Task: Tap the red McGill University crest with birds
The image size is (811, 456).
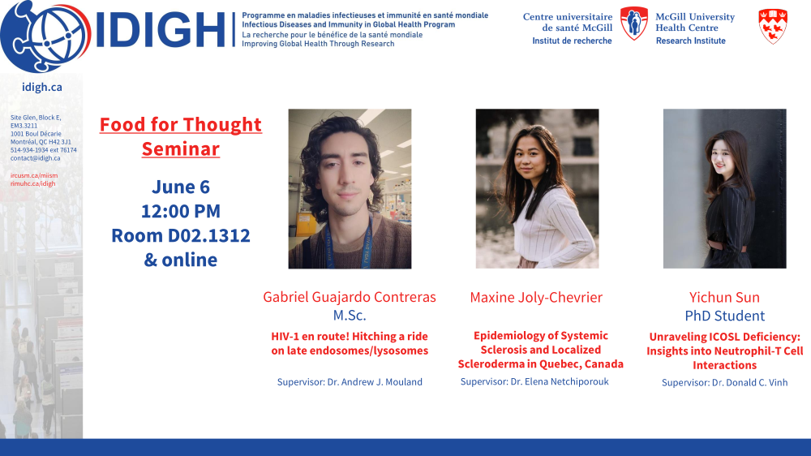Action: [x=773, y=26]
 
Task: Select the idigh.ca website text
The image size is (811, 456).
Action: [x=42, y=87]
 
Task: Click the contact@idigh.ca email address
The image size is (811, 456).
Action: [x=35, y=158]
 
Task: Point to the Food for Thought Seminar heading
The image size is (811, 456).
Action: [x=181, y=136]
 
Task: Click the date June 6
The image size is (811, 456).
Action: [x=181, y=187]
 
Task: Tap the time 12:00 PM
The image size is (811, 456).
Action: [x=181, y=211]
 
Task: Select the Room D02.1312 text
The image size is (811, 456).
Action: [x=181, y=235]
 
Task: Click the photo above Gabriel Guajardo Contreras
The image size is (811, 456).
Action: [x=350, y=188]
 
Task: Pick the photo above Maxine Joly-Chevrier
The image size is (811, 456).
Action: [x=538, y=188]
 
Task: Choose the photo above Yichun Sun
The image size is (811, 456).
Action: [x=724, y=188]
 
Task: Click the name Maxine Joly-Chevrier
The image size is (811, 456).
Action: [x=536, y=297]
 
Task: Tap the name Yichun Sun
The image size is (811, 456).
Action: [x=724, y=297]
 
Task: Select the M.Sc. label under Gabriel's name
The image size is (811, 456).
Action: [x=350, y=315]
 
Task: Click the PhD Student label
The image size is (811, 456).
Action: [x=724, y=315]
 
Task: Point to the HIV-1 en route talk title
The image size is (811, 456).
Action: [x=350, y=343]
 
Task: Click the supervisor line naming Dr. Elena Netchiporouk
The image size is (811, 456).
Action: [x=534, y=381]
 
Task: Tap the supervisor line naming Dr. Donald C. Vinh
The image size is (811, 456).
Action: [x=724, y=382]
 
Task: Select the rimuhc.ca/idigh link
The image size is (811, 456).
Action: [x=32, y=183]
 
